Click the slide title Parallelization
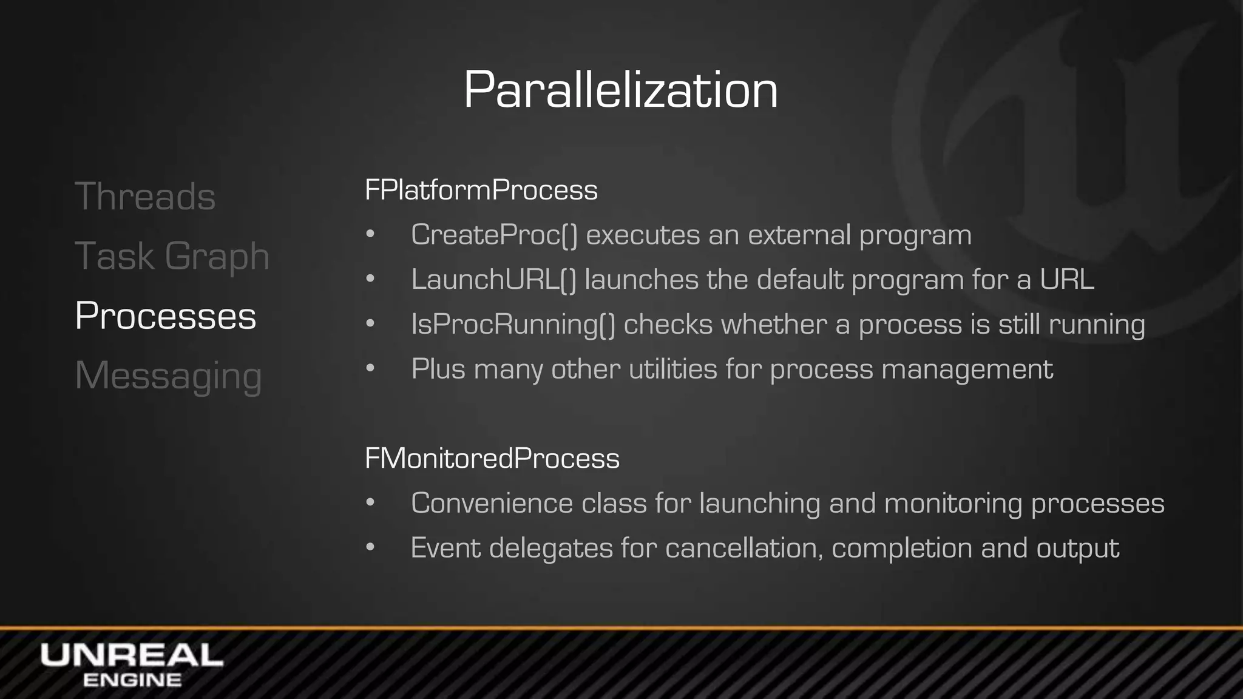point(620,90)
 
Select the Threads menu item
point(145,197)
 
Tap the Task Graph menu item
point(172,256)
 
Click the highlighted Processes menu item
point(165,316)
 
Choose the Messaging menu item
point(168,376)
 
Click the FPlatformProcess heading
point(481,190)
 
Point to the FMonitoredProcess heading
point(492,458)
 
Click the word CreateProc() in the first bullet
point(494,235)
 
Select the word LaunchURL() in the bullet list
point(493,280)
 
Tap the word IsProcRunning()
point(513,324)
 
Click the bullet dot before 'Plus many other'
point(370,368)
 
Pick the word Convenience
point(492,503)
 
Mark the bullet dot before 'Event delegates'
point(370,547)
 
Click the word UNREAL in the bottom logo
point(132,655)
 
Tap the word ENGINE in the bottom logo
point(132,680)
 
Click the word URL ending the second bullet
point(1066,280)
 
